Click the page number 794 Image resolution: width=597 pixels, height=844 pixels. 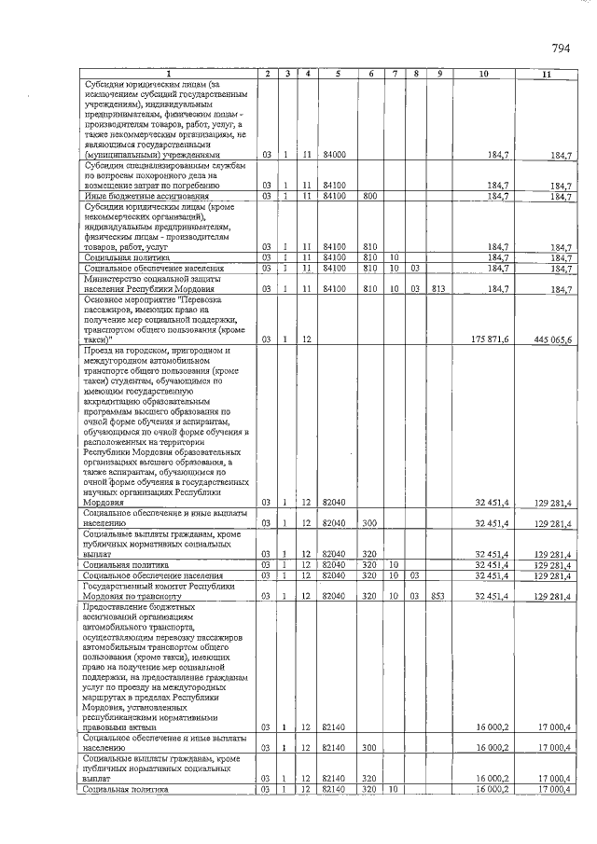pos(561,48)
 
